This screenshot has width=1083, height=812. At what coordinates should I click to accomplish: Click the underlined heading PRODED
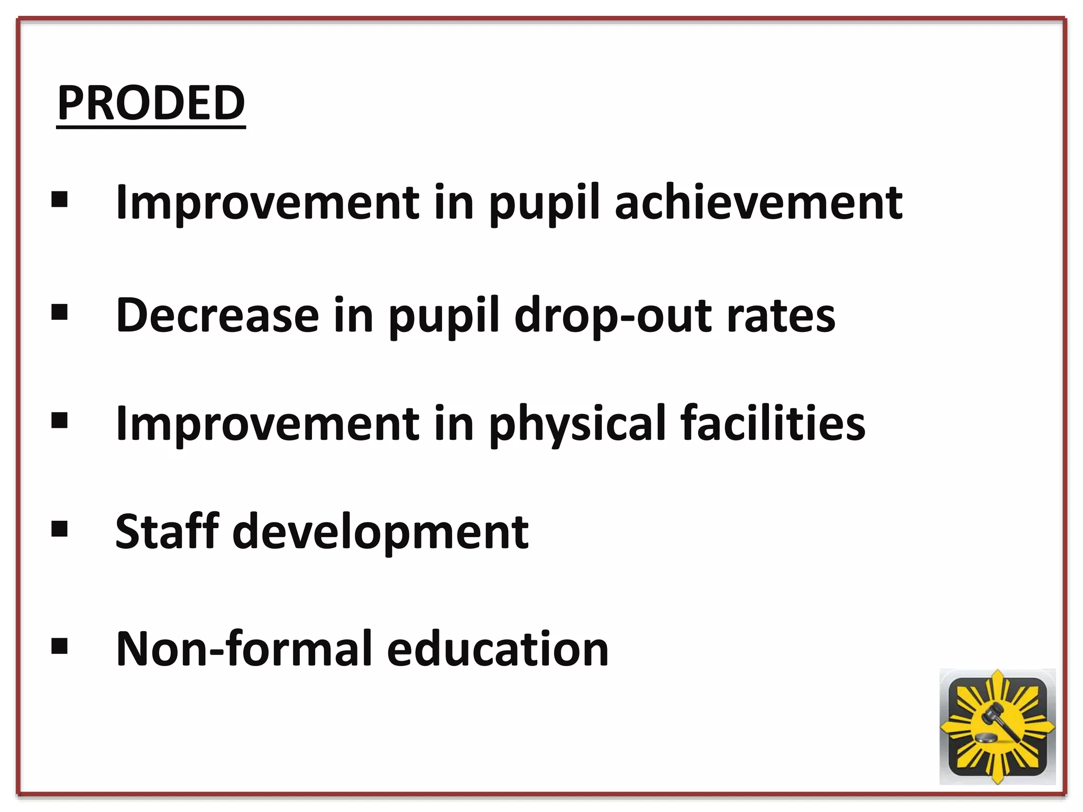pyautogui.click(x=151, y=103)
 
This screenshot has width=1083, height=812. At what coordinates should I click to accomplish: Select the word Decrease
pyautogui.click(x=217, y=316)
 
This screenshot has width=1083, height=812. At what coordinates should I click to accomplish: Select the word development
pyautogui.click(x=380, y=532)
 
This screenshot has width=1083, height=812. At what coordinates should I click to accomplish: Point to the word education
pyautogui.click(x=498, y=649)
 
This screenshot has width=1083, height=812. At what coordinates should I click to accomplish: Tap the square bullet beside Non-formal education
pyautogui.click(x=60, y=646)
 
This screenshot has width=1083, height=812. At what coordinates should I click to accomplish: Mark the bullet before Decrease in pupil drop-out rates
pyautogui.click(x=60, y=312)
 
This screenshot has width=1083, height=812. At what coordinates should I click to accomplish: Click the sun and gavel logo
pyautogui.click(x=997, y=726)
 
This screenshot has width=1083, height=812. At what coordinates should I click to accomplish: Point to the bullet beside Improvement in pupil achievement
pyautogui.click(x=60, y=200)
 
